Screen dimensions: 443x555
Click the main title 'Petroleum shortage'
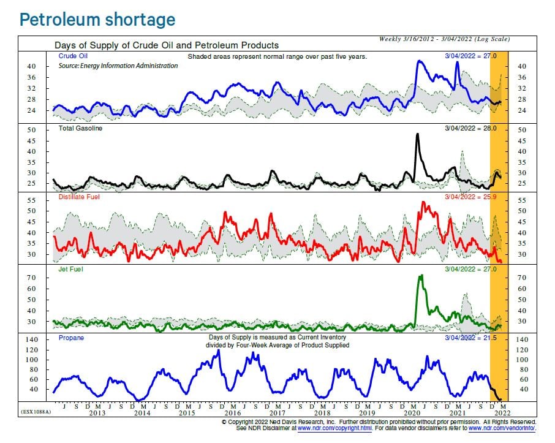97,20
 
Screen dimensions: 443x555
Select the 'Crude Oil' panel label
71,56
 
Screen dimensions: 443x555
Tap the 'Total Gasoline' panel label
80,129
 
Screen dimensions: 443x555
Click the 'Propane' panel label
70,338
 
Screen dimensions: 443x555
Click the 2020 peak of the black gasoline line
418,134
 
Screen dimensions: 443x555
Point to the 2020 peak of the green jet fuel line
421,276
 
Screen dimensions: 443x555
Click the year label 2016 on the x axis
231,413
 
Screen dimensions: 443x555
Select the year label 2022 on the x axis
501,413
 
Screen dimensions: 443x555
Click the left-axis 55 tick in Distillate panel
33,200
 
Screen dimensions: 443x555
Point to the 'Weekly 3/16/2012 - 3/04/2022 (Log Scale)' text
444,39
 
